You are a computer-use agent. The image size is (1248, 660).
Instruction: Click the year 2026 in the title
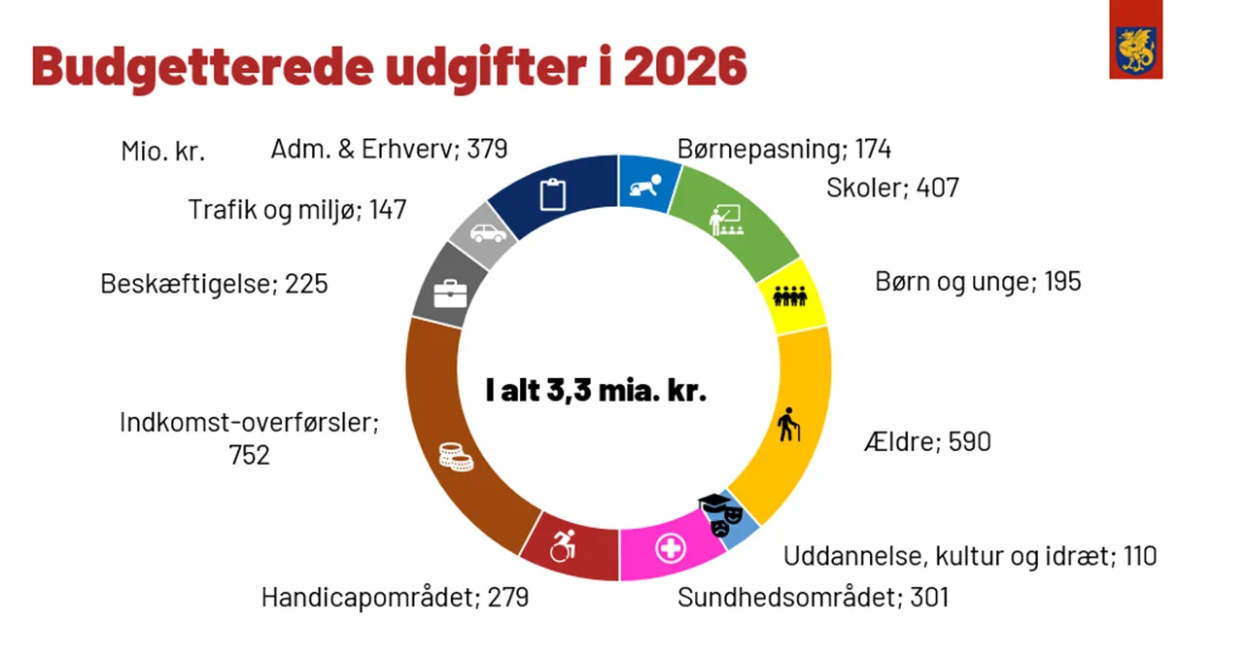[685, 65]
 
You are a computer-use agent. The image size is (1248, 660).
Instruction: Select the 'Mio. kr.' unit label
[163, 152]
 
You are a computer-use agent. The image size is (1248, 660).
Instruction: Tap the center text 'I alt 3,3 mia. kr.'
[596, 391]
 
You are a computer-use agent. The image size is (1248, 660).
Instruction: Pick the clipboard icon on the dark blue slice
[552, 193]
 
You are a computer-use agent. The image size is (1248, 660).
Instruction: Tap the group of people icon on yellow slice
[789, 295]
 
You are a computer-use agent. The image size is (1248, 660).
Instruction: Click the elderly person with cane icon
[789, 424]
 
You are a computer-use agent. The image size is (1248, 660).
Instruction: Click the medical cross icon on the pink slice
[670, 548]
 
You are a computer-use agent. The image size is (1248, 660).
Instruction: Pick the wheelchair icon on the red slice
[563, 546]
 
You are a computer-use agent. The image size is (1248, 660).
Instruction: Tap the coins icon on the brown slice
[455, 456]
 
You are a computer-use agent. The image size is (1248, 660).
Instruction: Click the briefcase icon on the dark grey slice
[450, 293]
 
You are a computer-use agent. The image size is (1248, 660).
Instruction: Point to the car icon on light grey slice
[488, 233]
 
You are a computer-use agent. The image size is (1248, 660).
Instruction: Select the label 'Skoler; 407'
[892, 188]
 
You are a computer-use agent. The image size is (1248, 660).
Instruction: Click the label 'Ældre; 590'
[926, 442]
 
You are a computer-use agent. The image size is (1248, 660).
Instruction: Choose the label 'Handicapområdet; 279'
[395, 597]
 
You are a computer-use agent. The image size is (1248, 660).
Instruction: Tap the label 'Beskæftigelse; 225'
[214, 284]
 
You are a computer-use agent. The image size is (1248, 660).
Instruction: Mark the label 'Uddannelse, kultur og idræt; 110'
[970, 557]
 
